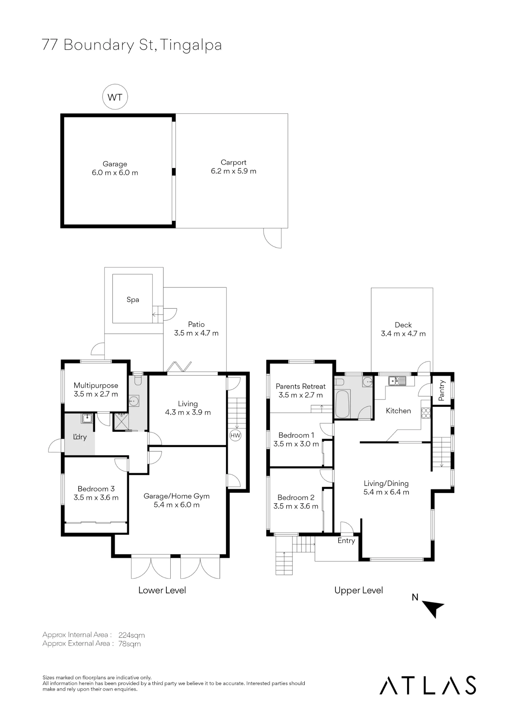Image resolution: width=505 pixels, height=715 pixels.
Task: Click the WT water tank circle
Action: (115, 97)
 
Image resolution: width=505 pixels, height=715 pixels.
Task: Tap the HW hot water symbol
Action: (235, 435)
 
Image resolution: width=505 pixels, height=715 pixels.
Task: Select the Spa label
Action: (133, 300)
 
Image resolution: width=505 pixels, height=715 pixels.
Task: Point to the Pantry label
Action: (442, 390)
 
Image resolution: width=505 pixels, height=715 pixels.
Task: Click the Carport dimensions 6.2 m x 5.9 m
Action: (234, 171)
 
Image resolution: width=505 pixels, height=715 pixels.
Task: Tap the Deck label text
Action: (403, 325)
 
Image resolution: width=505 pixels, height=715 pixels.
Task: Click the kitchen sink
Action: (397, 381)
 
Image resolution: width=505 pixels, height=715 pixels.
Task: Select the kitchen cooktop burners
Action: (426, 413)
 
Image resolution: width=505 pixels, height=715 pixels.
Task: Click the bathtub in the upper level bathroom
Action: (342, 404)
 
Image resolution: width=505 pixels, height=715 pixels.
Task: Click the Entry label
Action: (346, 541)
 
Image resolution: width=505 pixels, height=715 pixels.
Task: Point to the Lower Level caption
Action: (162, 590)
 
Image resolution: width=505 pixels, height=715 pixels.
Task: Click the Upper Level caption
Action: (359, 590)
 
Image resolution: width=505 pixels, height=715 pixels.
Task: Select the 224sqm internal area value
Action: (131, 635)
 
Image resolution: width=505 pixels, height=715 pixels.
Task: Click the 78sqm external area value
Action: (129, 644)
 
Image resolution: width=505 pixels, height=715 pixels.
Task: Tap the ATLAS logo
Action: (428, 685)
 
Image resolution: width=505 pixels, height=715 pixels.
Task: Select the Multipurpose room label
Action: (96, 385)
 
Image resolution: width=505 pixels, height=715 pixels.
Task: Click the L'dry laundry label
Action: (80, 437)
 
